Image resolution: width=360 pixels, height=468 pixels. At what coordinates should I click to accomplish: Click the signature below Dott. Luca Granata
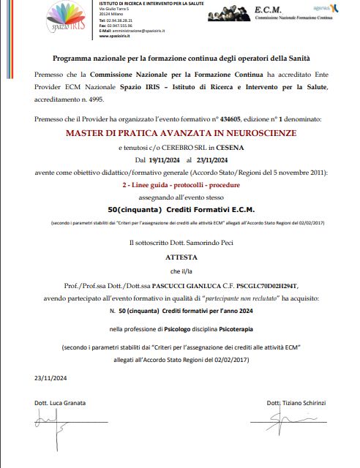[x=55, y=423]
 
